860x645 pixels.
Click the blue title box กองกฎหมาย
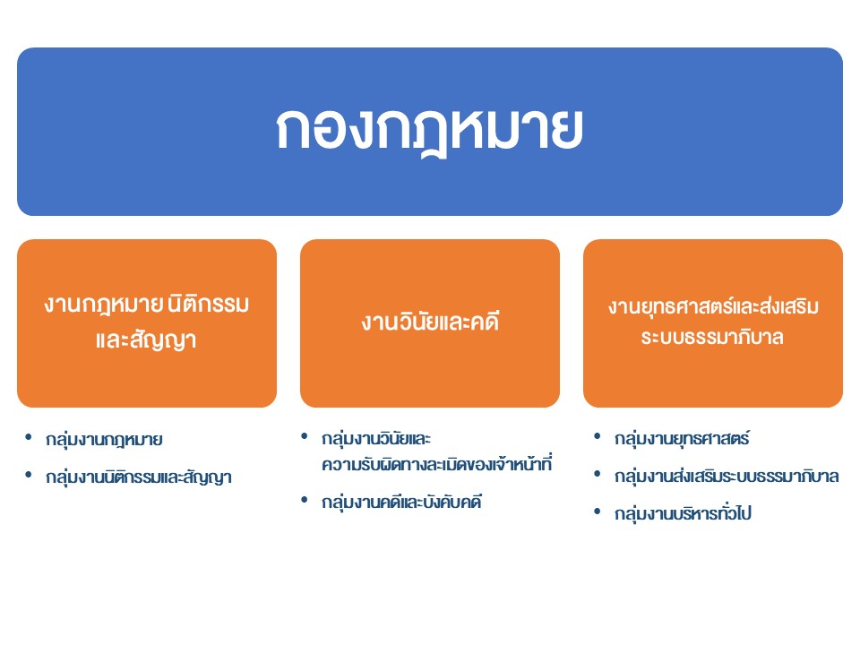(x=430, y=132)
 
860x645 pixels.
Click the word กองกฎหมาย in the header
(x=429, y=131)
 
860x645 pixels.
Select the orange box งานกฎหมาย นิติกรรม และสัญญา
(x=147, y=323)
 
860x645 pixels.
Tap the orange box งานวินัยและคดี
(x=430, y=323)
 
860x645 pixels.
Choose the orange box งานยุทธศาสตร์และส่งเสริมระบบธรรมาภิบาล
(x=713, y=323)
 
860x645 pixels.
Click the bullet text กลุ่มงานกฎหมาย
(x=104, y=440)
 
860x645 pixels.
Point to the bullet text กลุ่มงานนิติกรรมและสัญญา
(x=139, y=477)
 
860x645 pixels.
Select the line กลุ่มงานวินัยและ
(x=376, y=439)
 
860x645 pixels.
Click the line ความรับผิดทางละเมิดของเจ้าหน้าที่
(x=436, y=464)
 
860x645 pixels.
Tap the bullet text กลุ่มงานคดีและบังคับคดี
(x=401, y=502)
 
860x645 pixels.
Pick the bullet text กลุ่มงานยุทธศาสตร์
(x=682, y=439)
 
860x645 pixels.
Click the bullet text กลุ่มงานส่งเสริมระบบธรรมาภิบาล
(x=727, y=476)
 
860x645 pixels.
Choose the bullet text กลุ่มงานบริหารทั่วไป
(x=683, y=513)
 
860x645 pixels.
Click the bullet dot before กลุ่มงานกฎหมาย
(x=29, y=437)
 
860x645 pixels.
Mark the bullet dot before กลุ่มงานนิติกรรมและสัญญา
(x=29, y=475)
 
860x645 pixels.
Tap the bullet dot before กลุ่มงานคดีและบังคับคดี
(x=305, y=499)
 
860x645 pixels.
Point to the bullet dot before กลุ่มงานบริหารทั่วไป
(x=598, y=512)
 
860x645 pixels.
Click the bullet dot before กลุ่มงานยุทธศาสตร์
(x=598, y=436)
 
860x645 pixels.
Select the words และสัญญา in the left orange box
(x=146, y=340)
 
